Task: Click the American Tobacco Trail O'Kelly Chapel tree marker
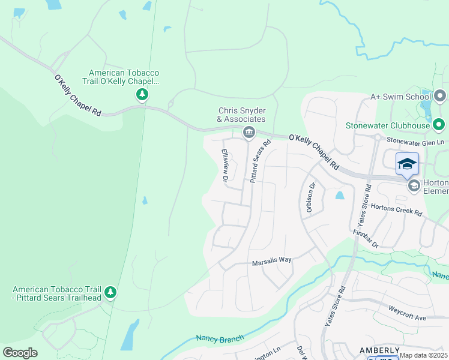(142, 95)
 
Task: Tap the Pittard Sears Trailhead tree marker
(110, 292)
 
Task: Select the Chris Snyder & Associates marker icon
(247, 132)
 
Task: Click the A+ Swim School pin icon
(441, 96)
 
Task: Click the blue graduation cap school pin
(407, 164)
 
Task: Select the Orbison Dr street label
(310, 197)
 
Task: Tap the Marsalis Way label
(271, 260)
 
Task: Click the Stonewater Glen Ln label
(414, 141)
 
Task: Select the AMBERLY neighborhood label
(379, 350)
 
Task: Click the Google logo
(20, 352)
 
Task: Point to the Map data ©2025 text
(423, 355)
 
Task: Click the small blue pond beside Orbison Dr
(340, 196)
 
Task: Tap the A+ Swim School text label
(400, 96)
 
